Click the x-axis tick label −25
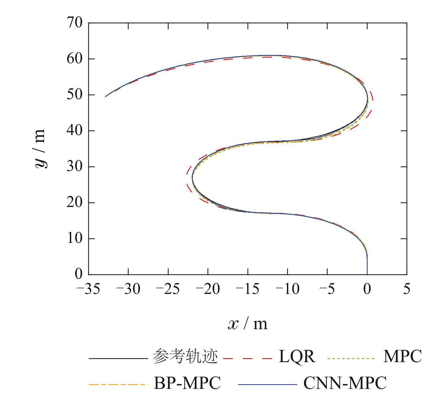168,289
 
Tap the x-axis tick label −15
248,289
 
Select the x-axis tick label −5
327,289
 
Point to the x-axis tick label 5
407,289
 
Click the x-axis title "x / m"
247,324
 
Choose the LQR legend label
297,357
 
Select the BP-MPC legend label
187,383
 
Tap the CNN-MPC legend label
345,383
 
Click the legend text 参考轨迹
185,357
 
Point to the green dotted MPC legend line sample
351,358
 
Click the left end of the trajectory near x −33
106,96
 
